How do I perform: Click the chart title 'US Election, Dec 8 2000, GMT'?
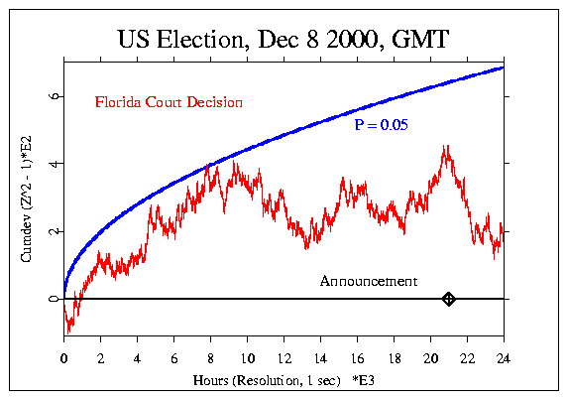coord(283,41)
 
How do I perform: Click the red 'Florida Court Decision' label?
coord(168,102)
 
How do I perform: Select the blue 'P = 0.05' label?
coord(382,125)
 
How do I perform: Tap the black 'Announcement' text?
coord(368,281)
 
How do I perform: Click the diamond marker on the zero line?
coord(448,298)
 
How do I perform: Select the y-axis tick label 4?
coord(50,164)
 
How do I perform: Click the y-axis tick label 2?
coord(50,231)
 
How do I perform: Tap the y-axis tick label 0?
coord(50,298)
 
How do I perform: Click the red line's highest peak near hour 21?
coord(446,147)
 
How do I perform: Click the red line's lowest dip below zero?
coord(67,332)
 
